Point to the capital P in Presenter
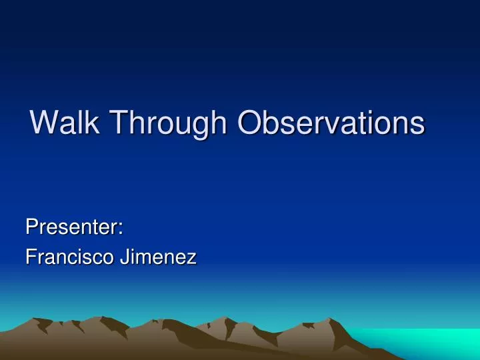click(x=31, y=227)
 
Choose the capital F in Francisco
click(x=30, y=257)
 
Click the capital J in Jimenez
click(x=123, y=257)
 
